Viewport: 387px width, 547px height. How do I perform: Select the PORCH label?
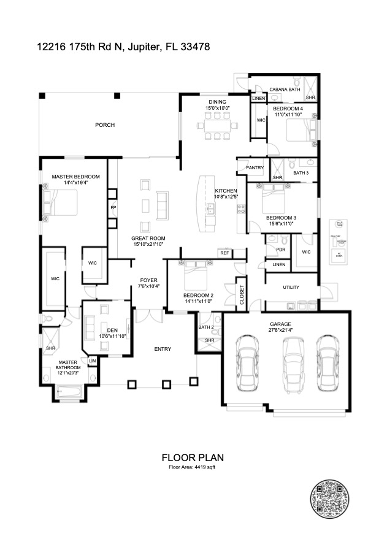click(104, 125)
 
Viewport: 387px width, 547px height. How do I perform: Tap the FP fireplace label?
click(113, 207)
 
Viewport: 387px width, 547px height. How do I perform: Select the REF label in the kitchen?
click(224, 252)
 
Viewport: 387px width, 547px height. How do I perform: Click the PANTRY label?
click(255, 167)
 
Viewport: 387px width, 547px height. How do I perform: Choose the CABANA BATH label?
click(285, 90)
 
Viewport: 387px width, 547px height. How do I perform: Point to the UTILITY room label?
click(291, 287)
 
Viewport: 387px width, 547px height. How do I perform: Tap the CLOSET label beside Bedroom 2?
click(241, 294)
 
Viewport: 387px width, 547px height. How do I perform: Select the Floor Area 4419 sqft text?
click(192, 467)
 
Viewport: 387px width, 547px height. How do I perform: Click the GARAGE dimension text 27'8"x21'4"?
click(280, 330)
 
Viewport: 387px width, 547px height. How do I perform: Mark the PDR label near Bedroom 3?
click(280, 250)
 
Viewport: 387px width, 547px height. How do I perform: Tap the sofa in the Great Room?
click(163, 205)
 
